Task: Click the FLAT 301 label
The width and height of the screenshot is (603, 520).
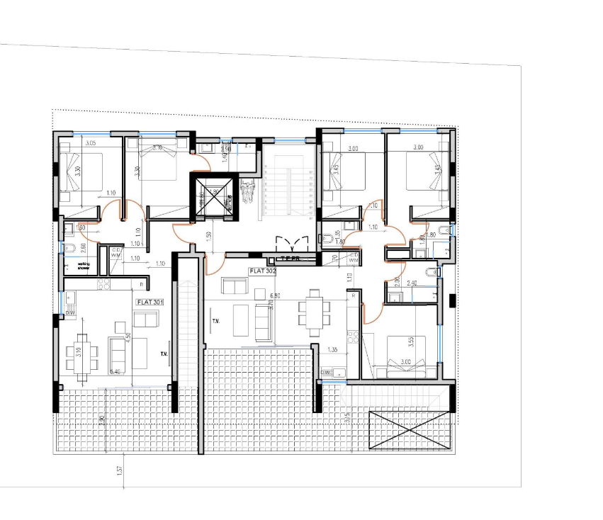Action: [x=150, y=302]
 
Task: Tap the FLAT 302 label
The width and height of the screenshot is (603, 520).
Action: [x=262, y=271]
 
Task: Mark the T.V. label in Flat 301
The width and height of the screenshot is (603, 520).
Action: [x=164, y=354]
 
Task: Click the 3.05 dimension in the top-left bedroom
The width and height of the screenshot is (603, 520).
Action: [x=90, y=143]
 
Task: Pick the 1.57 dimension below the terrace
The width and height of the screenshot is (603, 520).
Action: [x=120, y=468]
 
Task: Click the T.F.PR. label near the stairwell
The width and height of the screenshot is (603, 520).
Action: [x=290, y=259]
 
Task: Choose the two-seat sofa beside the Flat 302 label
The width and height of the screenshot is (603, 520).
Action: [x=233, y=286]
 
